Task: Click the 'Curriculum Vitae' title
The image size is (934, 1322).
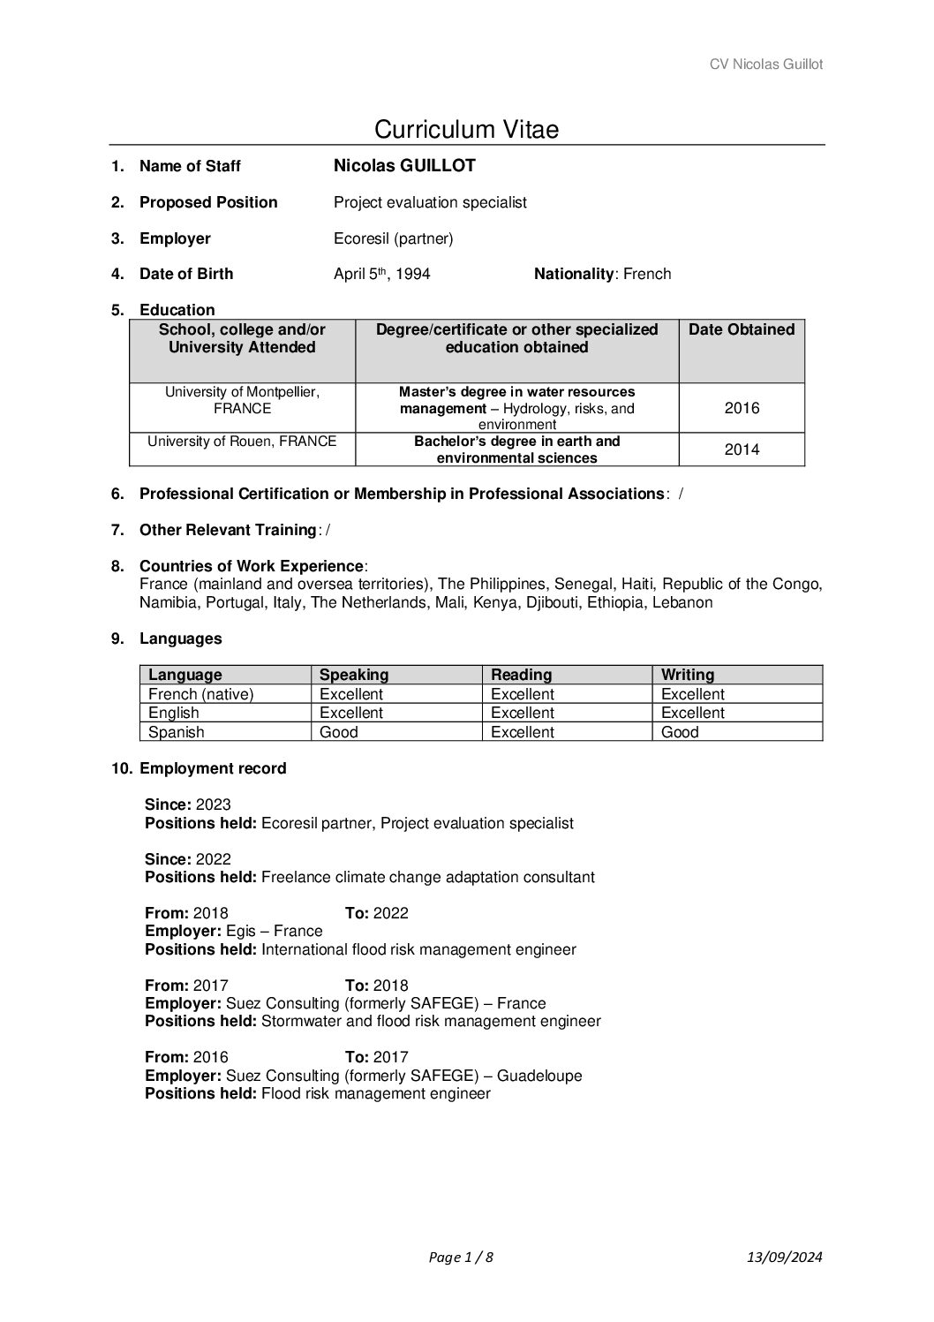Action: (466, 130)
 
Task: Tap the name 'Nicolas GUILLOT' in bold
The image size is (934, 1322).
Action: (404, 166)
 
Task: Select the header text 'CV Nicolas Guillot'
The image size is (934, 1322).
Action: (766, 64)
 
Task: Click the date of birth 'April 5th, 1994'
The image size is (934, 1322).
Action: (381, 274)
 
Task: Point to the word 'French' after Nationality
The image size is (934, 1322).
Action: (647, 274)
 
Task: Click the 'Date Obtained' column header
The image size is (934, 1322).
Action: (742, 330)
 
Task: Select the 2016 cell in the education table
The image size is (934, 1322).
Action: (742, 408)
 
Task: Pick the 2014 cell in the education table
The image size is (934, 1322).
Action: (742, 449)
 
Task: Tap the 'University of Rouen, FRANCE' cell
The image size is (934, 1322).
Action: (242, 442)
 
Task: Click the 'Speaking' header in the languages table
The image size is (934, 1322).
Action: (354, 675)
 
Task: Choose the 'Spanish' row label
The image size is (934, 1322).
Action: (176, 732)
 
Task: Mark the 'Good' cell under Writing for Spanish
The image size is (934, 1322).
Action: (680, 732)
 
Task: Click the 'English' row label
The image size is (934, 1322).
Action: (173, 713)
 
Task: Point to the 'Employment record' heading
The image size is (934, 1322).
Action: (213, 768)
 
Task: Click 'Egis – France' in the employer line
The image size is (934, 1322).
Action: (274, 931)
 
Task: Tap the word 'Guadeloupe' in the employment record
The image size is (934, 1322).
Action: (539, 1076)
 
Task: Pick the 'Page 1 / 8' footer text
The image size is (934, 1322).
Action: (460, 1258)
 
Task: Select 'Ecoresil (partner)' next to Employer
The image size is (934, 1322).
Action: (393, 238)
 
